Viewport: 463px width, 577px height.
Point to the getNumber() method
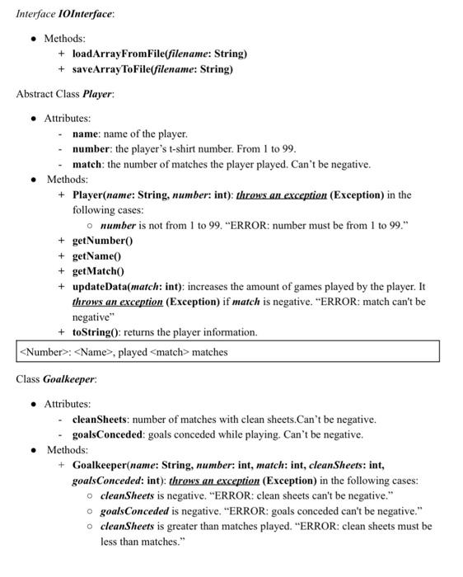[x=102, y=241]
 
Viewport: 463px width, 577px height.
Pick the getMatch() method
[x=98, y=271]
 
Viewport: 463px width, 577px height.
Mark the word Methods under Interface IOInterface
[x=63, y=39]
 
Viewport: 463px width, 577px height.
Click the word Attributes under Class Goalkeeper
[x=67, y=404]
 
